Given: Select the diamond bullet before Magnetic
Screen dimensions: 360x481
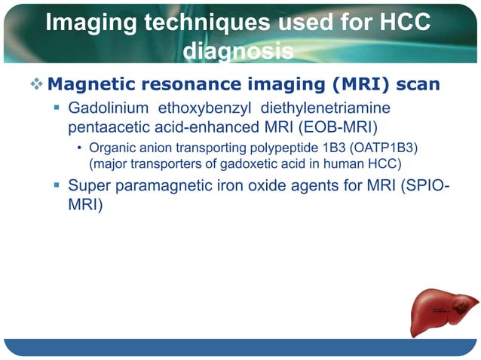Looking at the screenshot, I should click(36, 83).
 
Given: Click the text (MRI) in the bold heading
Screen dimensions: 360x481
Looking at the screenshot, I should click(352, 83).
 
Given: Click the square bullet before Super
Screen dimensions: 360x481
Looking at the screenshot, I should click(57, 185).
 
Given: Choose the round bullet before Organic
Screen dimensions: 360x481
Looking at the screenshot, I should click(81, 147).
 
